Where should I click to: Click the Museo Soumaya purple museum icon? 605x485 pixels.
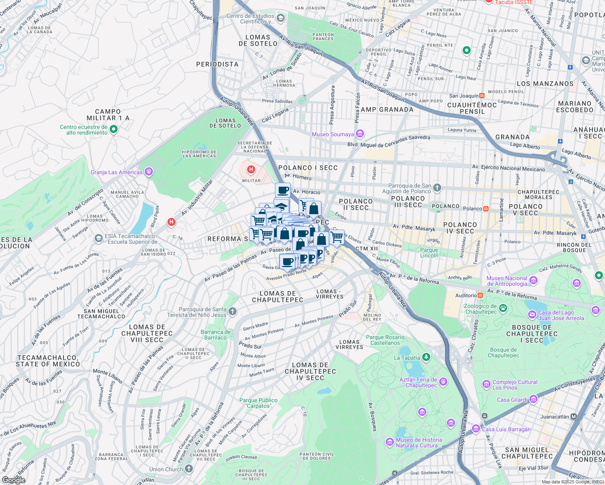360,134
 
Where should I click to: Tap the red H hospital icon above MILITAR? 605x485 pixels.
251,169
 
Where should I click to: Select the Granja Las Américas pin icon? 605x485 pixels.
149,172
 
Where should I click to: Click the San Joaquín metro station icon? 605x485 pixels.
482,96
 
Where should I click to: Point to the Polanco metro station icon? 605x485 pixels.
486,209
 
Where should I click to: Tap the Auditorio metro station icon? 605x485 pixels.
480,295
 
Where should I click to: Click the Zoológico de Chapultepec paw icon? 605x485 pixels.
503,308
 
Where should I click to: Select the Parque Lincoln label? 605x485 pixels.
429,253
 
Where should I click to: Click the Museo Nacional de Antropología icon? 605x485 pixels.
533,280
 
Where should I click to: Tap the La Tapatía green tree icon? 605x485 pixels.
426,357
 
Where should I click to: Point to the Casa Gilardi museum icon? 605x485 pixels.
533,400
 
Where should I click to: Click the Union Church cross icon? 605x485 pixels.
189,469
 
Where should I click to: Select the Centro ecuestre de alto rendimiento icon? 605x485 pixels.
114,129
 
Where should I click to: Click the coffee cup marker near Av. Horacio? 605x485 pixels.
283,190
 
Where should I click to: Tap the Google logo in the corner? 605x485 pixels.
13,480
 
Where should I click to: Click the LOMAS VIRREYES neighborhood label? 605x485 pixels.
349,344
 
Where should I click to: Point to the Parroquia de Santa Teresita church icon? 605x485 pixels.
232,311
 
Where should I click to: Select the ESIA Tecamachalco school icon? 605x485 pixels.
98,238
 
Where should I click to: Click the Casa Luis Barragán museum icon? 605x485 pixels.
476,429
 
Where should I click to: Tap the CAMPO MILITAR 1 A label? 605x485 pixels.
108,115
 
